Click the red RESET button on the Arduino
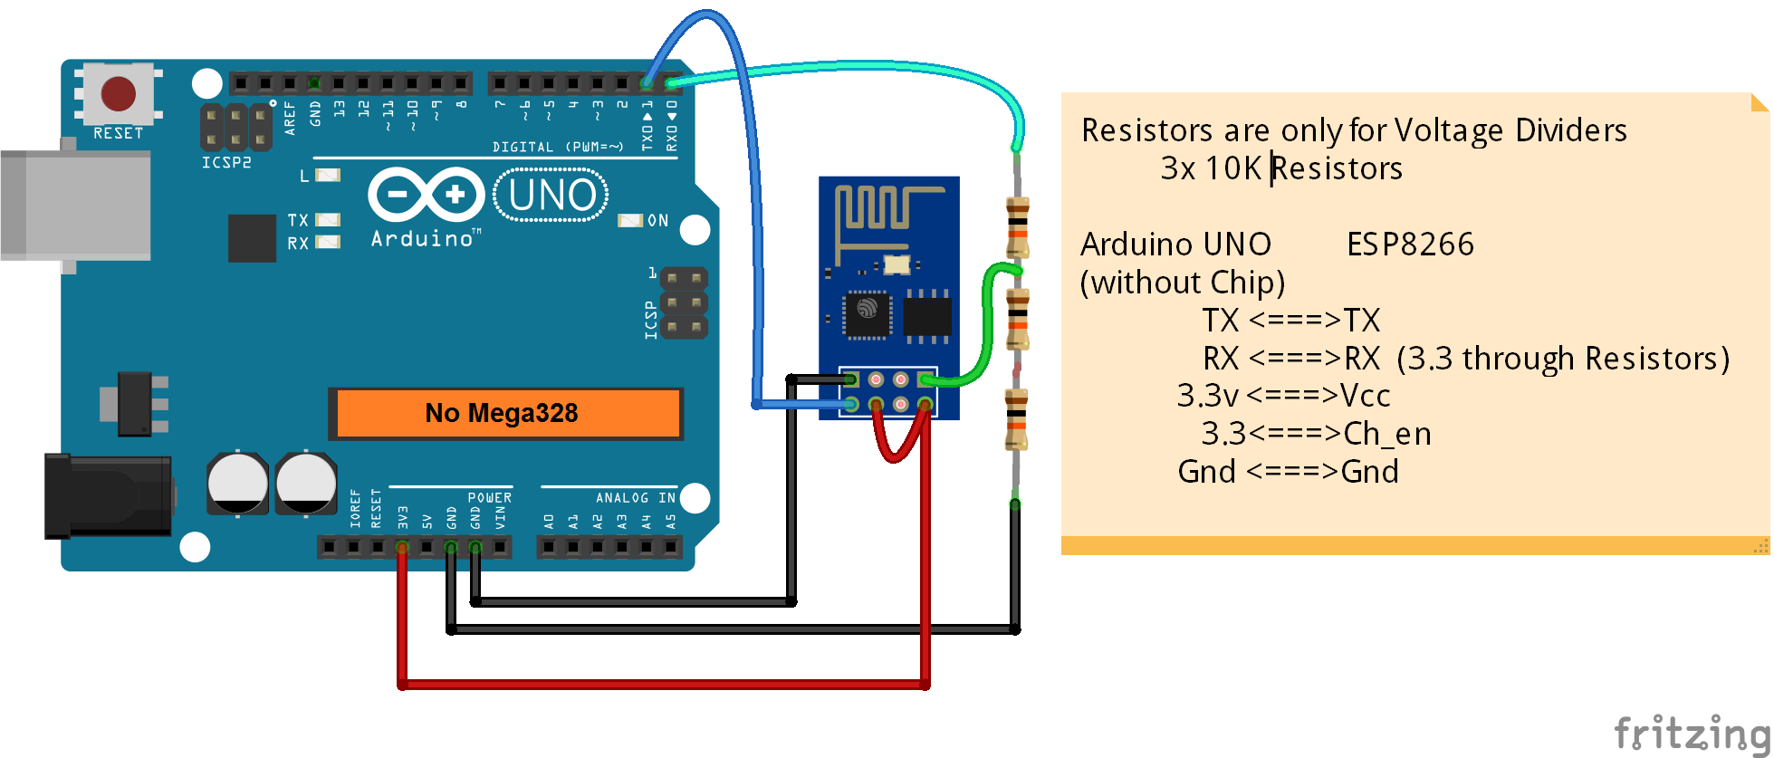pyautogui.click(x=118, y=93)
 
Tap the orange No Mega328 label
pyautogui.click(x=503, y=414)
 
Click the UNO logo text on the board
pyautogui.click(x=551, y=196)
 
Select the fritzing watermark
pyautogui.click(x=1691, y=732)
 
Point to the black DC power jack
pyautogui.click(x=109, y=495)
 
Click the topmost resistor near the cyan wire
pyautogui.click(x=1017, y=226)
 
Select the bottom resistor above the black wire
pyautogui.click(x=1016, y=418)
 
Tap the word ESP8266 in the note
pyautogui.click(x=1409, y=245)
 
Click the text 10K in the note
pyautogui.click(x=1232, y=168)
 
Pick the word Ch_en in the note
pyautogui.click(x=1386, y=434)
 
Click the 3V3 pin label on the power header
pyautogui.click(x=402, y=517)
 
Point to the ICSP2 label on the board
pyautogui.click(x=226, y=163)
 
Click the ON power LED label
pyautogui.click(x=657, y=221)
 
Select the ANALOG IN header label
pyautogui.click(x=635, y=498)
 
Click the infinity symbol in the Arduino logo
pyautogui.click(x=426, y=194)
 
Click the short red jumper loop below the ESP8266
pyautogui.click(x=897, y=444)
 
